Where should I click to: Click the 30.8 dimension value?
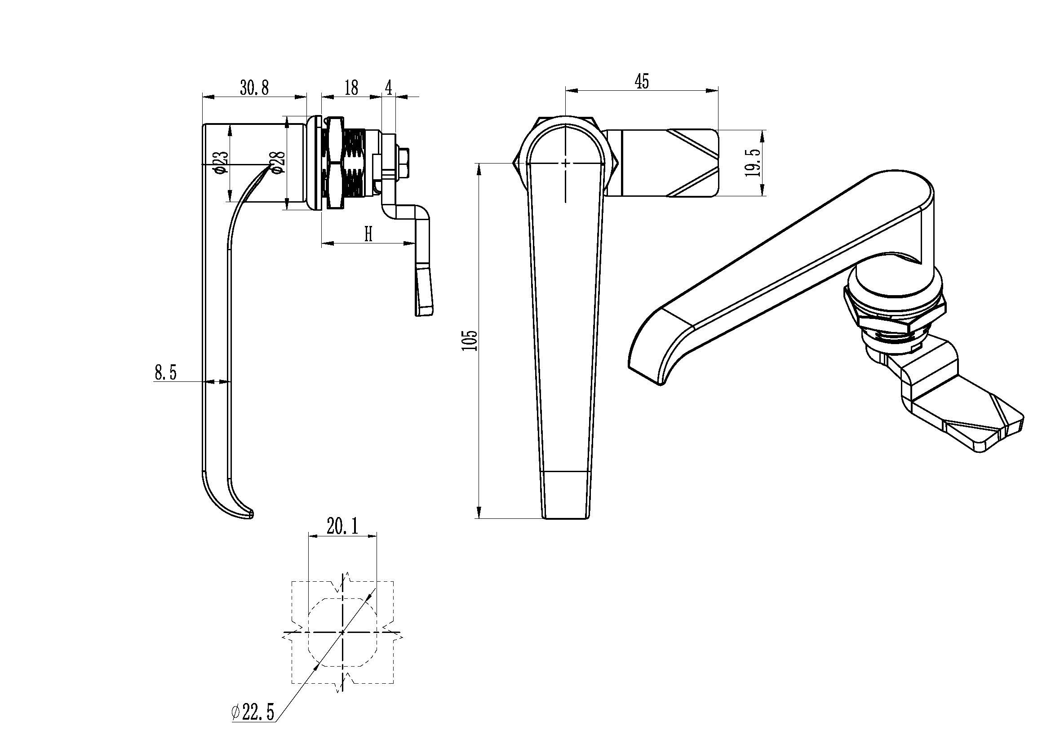[x=254, y=88]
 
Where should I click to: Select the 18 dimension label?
[x=351, y=88]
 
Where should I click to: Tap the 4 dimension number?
[x=388, y=88]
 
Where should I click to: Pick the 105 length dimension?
[x=470, y=341]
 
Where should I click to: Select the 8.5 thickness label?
[x=165, y=372]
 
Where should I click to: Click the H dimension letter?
[x=368, y=234]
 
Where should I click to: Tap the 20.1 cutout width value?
[x=342, y=526]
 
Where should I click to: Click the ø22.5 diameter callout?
[x=253, y=712]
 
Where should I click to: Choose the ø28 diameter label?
[x=279, y=163]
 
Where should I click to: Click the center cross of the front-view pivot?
[x=566, y=163]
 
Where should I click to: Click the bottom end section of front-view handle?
[x=566, y=495]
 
